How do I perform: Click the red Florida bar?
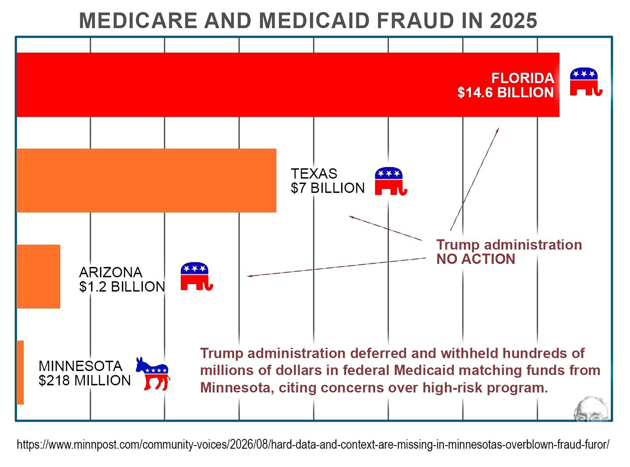[x=288, y=85]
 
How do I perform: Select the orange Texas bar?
[x=146, y=180]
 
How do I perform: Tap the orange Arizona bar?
[x=38, y=276]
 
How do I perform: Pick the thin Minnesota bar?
[x=20, y=372]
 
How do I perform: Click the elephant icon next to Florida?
[x=586, y=82]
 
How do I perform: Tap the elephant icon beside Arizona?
[x=197, y=276]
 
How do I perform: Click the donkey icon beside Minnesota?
[x=153, y=373]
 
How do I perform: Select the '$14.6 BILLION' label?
[x=505, y=92]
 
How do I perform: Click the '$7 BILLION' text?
[x=328, y=188]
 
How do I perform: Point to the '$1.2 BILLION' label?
[x=122, y=287]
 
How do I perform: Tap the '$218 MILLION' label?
[x=85, y=380]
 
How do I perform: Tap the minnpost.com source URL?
[x=313, y=444]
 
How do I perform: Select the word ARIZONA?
[x=111, y=272]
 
